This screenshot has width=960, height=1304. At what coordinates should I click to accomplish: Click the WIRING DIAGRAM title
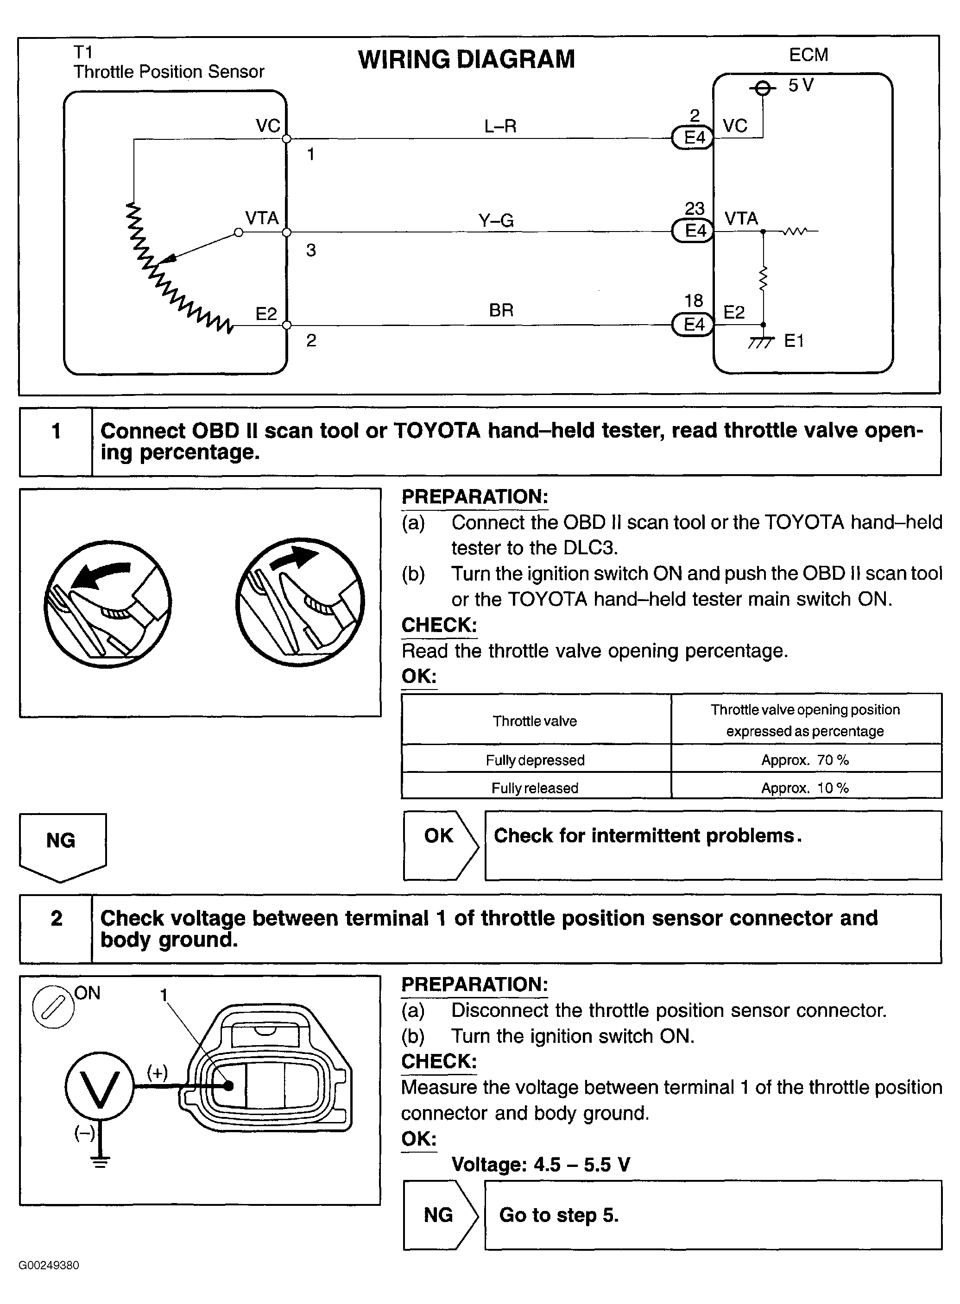tap(466, 59)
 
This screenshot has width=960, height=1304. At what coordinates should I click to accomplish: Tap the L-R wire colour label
tap(500, 126)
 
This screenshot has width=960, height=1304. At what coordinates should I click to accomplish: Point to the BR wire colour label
tap(501, 310)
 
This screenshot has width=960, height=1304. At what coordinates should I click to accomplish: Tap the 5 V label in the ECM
tap(800, 85)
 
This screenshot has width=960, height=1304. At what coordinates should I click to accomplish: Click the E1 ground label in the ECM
tap(794, 341)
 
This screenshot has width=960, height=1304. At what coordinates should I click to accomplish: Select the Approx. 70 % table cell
tap(805, 760)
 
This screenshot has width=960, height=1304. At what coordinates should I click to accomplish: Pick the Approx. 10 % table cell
tap(805, 788)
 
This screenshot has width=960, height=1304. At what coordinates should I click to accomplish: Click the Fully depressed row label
tap(535, 760)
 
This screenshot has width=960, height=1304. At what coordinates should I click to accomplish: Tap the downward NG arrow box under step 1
tap(62, 846)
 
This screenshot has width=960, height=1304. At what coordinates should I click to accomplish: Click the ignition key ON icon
tap(53, 1007)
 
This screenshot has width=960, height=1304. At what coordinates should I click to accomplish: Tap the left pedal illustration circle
tap(107, 604)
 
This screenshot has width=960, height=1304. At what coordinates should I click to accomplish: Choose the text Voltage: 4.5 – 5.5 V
tap(540, 1164)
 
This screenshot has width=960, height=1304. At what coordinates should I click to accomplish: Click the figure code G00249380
tap(49, 1265)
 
